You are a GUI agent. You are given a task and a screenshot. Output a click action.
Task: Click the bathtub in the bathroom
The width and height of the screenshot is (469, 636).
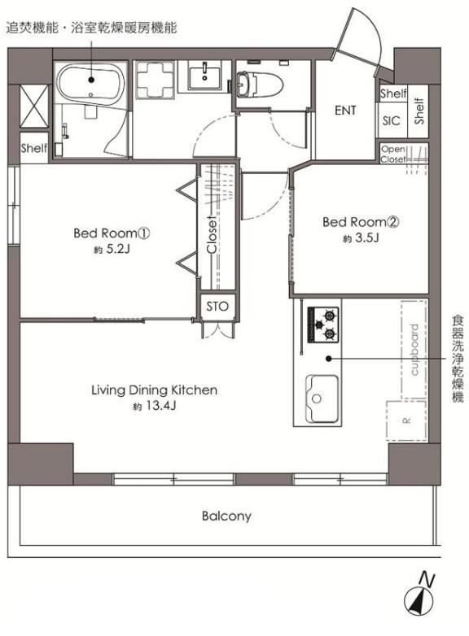pyautogui.click(x=90, y=83)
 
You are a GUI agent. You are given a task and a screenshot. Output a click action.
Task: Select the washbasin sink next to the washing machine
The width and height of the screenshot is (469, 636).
pyautogui.click(x=204, y=77)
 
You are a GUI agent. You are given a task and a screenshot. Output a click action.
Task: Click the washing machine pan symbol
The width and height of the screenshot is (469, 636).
pyautogui.click(x=156, y=80)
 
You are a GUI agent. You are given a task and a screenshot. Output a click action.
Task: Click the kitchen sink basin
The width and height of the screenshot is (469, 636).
pyautogui.click(x=322, y=399)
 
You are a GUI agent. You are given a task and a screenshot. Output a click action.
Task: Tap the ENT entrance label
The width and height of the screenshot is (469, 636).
pyautogui.click(x=345, y=111)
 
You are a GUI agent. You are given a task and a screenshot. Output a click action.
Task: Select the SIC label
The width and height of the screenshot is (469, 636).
pyautogui.click(x=391, y=120)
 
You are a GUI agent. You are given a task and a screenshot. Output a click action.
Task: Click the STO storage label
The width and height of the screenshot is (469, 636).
pyautogui.click(x=217, y=307)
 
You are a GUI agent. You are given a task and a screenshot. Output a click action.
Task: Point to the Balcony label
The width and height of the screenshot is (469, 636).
pyautogui.click(x=226, y=516)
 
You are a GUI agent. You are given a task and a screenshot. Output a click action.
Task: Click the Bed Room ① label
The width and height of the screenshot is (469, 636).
pyautogui.click(x=112, y=233)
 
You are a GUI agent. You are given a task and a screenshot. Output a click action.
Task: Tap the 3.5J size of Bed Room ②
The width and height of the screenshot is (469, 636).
pyautogui.click(x=366, y=237)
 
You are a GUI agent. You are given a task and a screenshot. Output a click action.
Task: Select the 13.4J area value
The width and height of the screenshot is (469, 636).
pyautogui.click(x=160, y=406)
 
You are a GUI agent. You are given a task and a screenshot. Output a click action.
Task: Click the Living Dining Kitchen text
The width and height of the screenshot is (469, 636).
pyautogui.click(x=154, y=390)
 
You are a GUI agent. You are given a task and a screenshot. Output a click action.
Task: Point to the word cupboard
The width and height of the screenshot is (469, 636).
pyautogui.click(x=414, y=350)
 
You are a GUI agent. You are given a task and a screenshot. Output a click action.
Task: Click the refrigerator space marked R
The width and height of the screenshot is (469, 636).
pyautogui.click(x=405, y=420)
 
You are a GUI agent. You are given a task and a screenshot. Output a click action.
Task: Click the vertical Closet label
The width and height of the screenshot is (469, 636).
pyautogui.click(x=212, y=235)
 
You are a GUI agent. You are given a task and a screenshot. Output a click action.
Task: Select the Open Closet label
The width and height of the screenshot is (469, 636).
pyautogui.click(x=392, y=155)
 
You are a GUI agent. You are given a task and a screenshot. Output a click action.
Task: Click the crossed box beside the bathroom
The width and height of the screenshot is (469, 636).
pyautogui.click(x=34, y=107)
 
